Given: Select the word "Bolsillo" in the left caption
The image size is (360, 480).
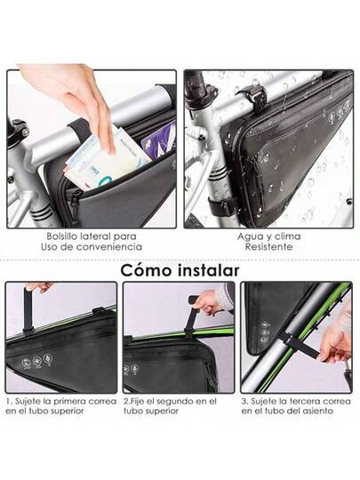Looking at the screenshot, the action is [x=62, y=236].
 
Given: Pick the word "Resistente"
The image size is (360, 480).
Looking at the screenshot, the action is [x=268, y=247].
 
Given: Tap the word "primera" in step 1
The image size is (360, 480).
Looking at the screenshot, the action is [x=70, y=401].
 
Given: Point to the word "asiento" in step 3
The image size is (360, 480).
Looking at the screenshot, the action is [x=318, y=411].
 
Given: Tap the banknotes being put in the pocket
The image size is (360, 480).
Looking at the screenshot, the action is [x=106, y=157].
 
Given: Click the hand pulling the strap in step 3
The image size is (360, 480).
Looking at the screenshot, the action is [x=334, y=345].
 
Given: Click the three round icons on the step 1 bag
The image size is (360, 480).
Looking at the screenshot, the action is [x=37, y=361].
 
